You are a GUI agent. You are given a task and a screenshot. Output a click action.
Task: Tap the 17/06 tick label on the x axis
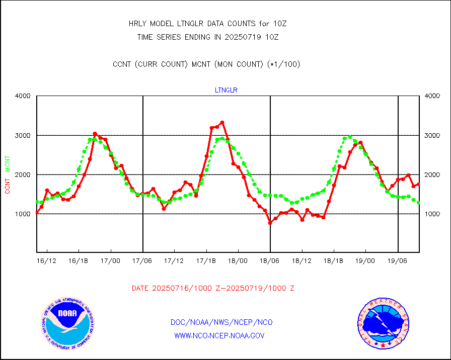point(143,261)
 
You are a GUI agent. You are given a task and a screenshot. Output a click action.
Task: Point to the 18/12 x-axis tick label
point(302,261)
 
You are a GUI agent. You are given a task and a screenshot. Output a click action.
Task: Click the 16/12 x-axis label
point(47,261)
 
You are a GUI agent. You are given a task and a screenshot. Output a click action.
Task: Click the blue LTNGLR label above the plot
point(226,91)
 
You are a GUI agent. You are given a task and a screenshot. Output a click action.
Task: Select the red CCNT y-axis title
point(8,185)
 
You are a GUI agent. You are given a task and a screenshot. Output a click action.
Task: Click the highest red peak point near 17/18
point(222,122)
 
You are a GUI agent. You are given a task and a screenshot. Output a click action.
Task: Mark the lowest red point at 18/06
point(270,223)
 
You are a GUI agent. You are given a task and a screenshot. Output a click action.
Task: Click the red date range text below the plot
point(213,289)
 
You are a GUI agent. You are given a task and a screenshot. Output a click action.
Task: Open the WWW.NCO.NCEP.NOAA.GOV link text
point(219,335)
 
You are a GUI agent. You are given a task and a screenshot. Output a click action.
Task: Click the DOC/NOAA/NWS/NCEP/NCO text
point(221,322)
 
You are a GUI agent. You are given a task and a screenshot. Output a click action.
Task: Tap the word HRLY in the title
point(138,24)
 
